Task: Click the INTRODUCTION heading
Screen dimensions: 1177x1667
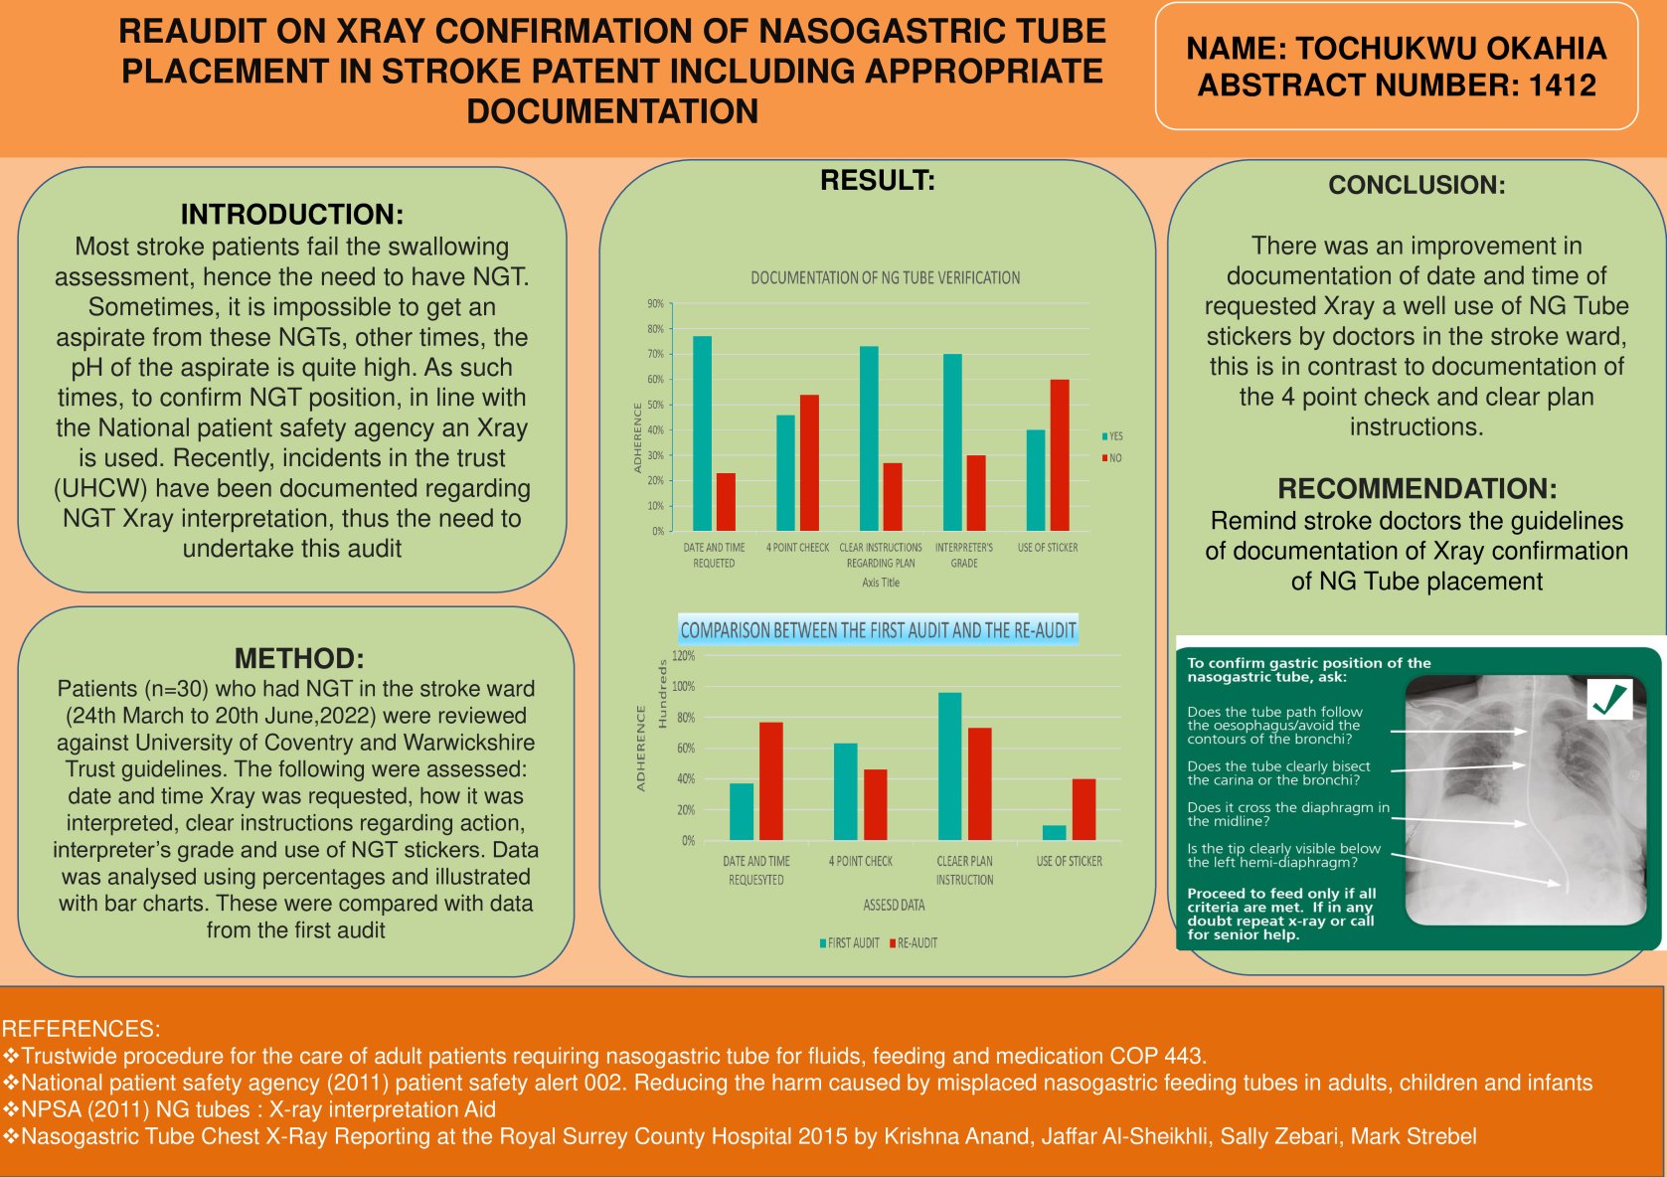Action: pos(291,214)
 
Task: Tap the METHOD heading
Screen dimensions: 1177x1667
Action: pos(298,658)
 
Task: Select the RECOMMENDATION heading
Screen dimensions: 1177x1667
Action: pos(1417,488)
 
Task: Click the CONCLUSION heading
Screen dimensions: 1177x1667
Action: pos(1417,185)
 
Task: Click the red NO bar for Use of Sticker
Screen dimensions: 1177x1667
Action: pos(1060,454)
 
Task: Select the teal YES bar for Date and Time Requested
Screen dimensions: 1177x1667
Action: pos(702,433)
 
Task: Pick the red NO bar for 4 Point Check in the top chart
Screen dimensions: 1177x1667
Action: pos(809,462)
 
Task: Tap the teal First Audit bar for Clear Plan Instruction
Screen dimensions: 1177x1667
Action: pos(949,766)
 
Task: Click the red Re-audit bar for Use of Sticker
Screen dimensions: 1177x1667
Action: pos(1084,809)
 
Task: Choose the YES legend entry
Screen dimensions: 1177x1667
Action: pos(1112,436)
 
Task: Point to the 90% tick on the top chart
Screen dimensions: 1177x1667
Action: pos(655,304)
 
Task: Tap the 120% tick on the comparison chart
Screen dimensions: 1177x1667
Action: pos(683,656)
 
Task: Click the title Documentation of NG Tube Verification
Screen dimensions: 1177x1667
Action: pos(885,278)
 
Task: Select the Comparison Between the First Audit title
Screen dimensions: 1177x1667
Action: pos(878,630)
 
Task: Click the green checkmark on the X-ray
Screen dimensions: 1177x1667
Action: pos(1609,700)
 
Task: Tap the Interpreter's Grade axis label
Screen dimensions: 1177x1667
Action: pos(963,555)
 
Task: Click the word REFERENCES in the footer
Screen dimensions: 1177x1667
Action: pos(80,1029)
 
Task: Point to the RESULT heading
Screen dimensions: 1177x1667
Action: pos(877,181)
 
